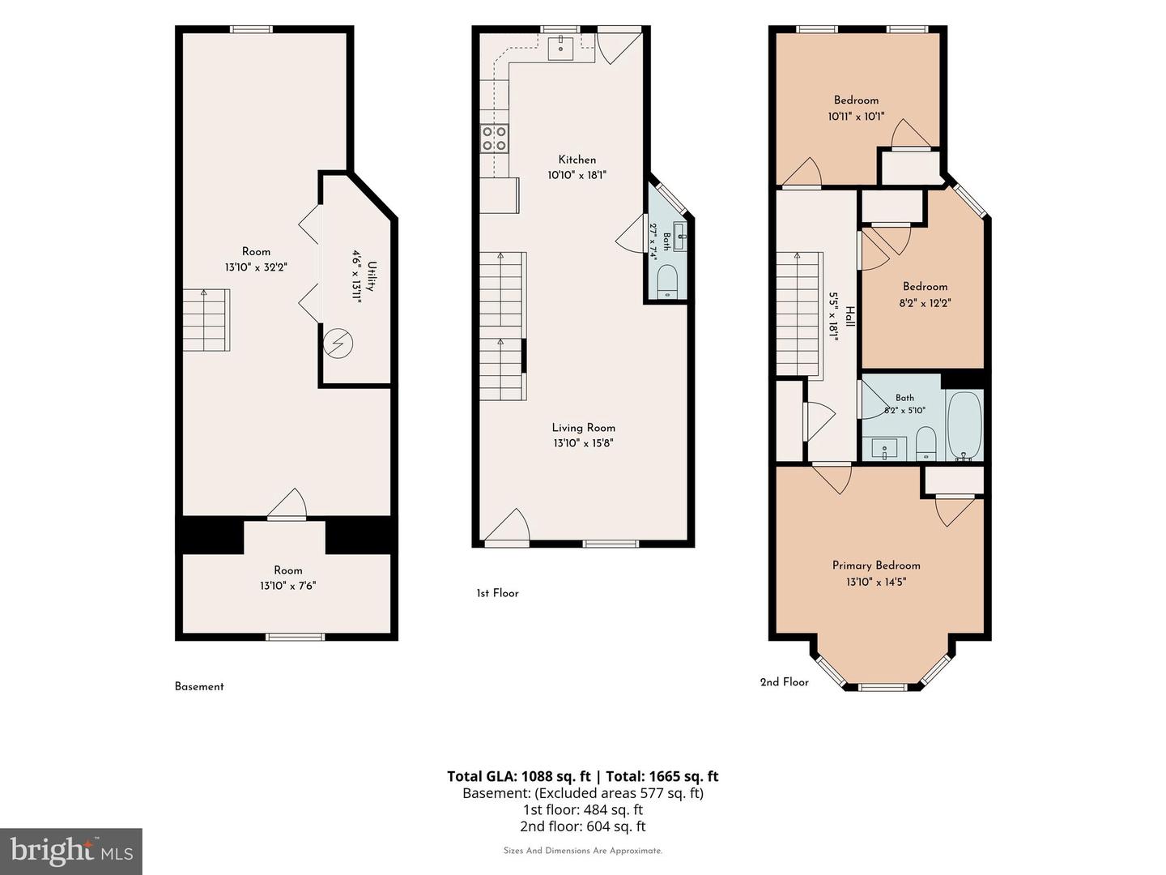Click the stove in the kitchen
[494, 138]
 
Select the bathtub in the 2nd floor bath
[964, 426]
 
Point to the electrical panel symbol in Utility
[338, 344]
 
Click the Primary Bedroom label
[876, 566]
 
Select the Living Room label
[583, 428]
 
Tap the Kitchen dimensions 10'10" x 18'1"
[577, 175]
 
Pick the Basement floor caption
[199, 686]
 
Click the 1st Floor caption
[497, 593]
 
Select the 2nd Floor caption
[784, 682]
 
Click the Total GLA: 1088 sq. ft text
[518, 776]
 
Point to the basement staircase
[206, 320]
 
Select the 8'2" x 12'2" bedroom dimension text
[925, 303]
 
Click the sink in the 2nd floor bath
[884, 449]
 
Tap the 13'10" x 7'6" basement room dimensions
[288, 586]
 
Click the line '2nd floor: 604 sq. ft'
[583, 826]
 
